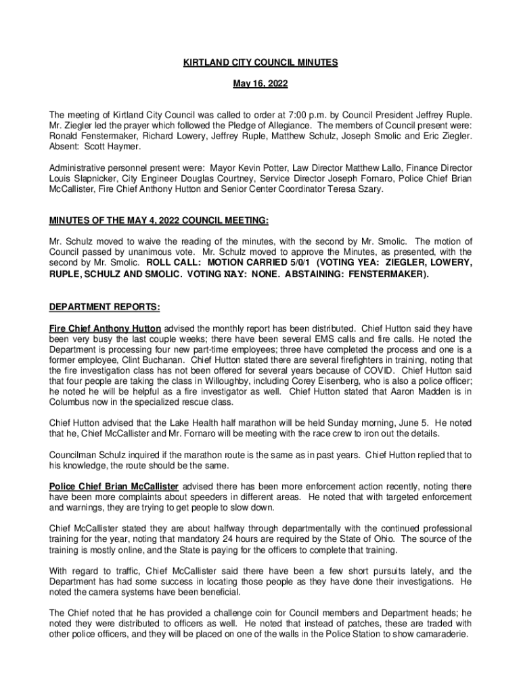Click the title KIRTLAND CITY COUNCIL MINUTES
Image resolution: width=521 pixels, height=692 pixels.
pos(260,63)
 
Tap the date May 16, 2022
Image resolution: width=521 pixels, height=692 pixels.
pos(260,84)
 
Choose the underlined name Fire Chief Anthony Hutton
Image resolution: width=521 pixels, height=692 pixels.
pos(105,328)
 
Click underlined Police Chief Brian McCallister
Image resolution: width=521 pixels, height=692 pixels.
pos(114,487)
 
